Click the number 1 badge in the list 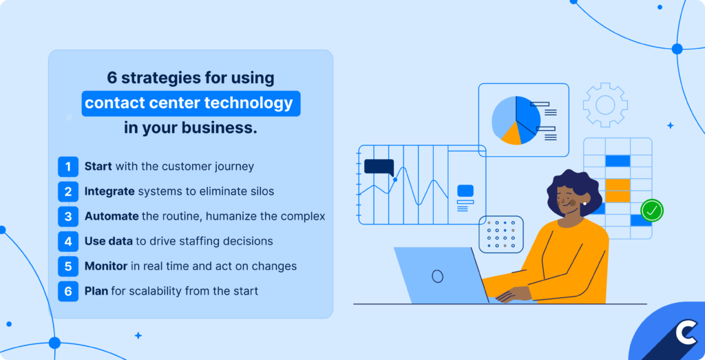(x=68, y=167)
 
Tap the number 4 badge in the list (x=68, y=241)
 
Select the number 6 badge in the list (x=68, y=291)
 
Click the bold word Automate (x=112, y=216)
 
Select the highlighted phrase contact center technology (x=189, y=104)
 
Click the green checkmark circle (x=651, y=210)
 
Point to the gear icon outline (x=604, y=105)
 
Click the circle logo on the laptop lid (x=437, y=276)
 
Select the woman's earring (x=584, y=202)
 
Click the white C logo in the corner (x=685, y=333)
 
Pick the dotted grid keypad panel (x=501, y=234)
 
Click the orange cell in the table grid (x=618, y=189)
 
